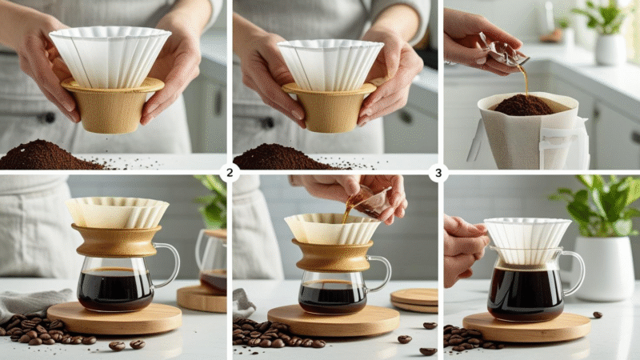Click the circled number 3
(x=437, y=172)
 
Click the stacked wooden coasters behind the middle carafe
(x=414, y=299)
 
